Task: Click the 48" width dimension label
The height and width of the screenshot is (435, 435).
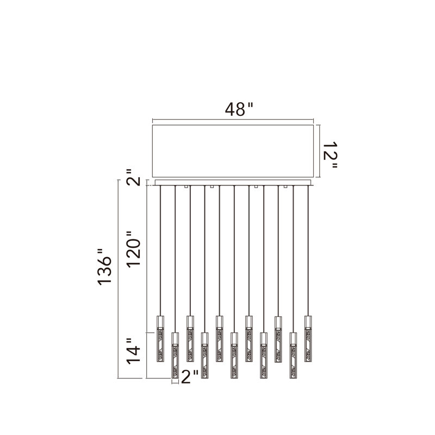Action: coord(239,109)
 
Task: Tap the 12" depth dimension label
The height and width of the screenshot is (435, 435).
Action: coord(330,155)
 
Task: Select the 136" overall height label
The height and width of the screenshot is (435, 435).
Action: coord(104,266)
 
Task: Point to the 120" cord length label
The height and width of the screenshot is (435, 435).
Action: coord(134,249)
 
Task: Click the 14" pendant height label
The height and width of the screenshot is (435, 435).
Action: coord(133,351)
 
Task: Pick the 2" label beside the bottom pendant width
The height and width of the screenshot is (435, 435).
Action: coord(189,377)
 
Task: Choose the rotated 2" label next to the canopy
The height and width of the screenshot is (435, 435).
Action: coord(133,178)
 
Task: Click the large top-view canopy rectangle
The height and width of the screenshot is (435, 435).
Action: coord(233,151)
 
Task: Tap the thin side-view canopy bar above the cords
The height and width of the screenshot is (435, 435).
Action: coord(234,183)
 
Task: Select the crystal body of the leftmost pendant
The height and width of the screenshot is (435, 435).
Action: coord(160,345)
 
